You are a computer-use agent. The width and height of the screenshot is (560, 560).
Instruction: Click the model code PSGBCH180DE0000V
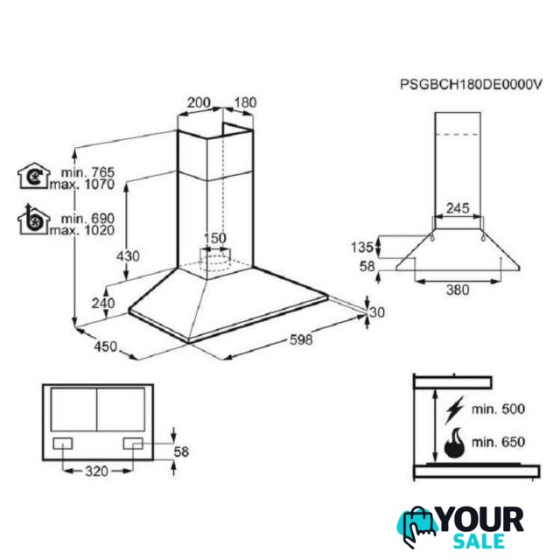[471, 85]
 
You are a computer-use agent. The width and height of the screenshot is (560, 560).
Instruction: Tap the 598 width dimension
[301, 339]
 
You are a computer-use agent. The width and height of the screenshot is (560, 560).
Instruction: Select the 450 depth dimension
[105, 346]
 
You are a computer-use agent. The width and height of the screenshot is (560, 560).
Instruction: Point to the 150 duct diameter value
[215, 238]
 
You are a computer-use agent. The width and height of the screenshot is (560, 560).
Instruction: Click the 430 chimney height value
[128, 256]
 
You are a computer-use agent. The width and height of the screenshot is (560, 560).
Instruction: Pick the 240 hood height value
[103, 304]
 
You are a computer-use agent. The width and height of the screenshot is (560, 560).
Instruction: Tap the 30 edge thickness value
[377, 312]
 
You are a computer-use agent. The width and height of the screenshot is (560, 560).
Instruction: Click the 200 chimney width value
[199, 102]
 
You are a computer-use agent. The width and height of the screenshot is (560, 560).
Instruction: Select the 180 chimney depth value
[245, 102]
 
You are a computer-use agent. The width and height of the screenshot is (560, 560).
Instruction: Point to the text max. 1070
[82, 185]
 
